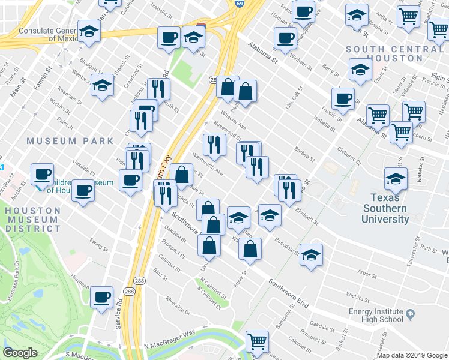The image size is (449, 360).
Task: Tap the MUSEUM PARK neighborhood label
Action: [70, 141]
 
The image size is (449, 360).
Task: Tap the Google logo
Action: [20, 353]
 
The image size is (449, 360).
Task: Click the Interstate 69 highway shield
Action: [239, 4]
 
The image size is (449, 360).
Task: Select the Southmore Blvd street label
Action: [289, 293]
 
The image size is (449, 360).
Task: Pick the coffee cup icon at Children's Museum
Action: [43, 175]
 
